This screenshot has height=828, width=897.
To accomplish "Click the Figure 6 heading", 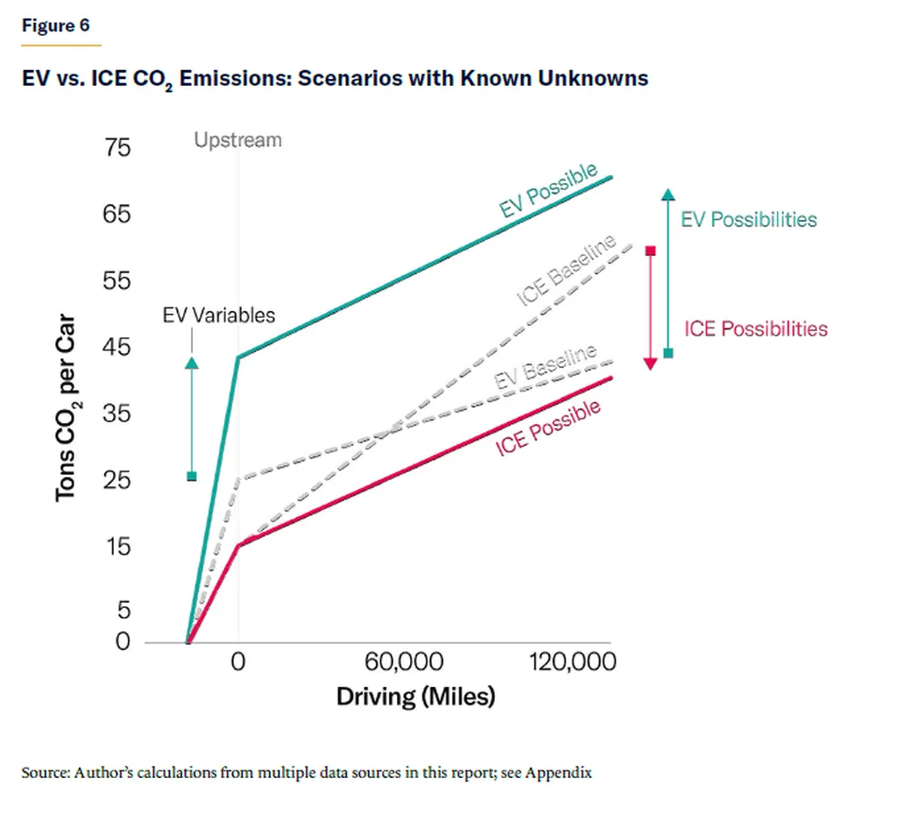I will (56, 25).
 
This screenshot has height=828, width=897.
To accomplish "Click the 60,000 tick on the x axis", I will (411, 662).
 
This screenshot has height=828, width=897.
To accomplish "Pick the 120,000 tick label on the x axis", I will (572, 662).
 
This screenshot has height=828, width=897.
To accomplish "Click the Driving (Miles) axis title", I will (415, 697).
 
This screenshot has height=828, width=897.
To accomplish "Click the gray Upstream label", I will (237, 139).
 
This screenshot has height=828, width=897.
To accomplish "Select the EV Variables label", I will (219, 315).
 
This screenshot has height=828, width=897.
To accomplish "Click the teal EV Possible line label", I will (548, 190).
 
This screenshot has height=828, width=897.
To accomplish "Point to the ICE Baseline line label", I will (567, 271).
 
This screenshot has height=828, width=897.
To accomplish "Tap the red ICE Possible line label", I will (548, 428).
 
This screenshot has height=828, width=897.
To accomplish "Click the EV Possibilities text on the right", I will (748, 219).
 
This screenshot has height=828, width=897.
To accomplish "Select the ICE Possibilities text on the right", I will (755, 329).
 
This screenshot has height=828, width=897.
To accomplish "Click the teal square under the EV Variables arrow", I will (192, 476).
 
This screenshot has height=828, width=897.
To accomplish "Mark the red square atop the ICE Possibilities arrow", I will (650, 251).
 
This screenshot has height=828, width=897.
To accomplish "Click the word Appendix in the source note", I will (558, 773).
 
